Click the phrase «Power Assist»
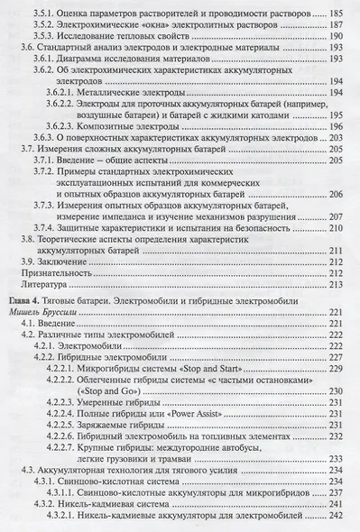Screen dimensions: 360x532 tap(222, 418)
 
